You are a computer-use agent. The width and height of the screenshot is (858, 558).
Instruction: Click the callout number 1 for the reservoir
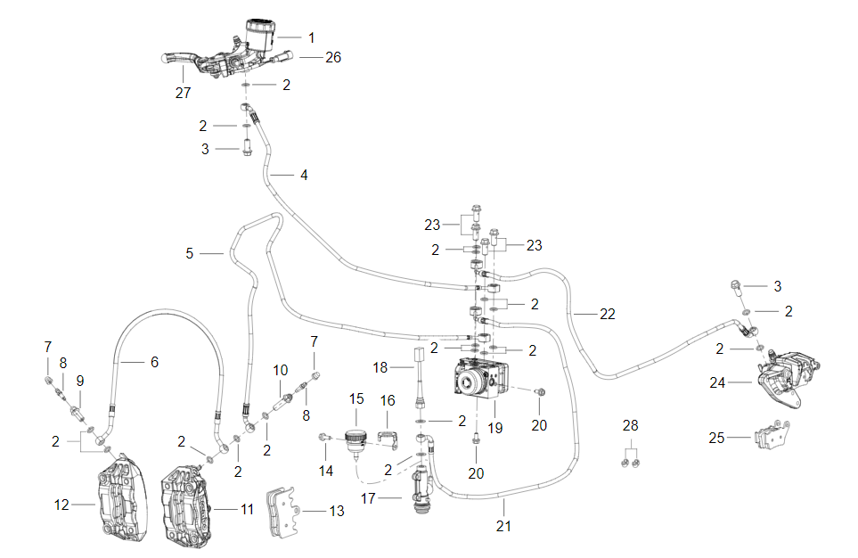[x=312, y=38]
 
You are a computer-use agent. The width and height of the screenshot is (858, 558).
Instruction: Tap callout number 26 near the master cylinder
[x=333, y=57]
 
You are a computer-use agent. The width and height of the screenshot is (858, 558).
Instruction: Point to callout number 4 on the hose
[x=304, y=176]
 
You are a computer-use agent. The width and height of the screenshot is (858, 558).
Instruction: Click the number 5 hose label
[x=189, y=254]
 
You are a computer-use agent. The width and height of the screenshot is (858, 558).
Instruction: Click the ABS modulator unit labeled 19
[x=481, y=380]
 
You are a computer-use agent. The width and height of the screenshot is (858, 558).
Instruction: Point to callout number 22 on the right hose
[x=607, y=315]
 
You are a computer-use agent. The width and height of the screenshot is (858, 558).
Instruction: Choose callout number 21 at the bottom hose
[x=504, y=527]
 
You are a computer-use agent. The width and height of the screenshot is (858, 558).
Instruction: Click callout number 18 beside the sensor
[x=380, y=368]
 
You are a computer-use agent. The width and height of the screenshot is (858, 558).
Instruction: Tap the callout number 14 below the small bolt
[x=326, y=471]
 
